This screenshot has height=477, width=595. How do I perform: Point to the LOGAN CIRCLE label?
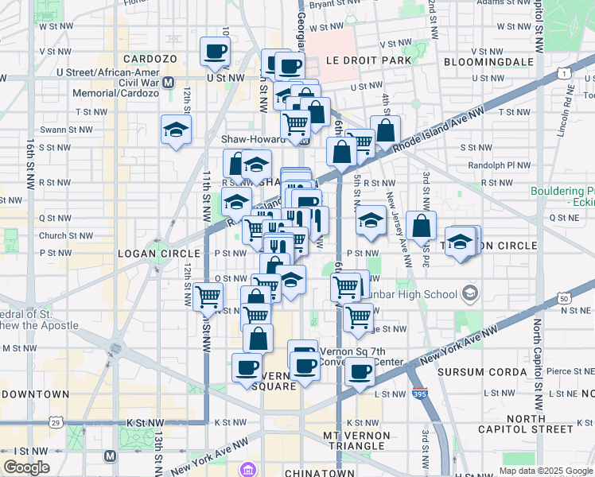151,253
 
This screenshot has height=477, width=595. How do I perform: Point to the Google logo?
26,467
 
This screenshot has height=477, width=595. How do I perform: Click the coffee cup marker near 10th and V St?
215,52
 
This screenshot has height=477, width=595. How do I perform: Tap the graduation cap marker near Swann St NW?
176,131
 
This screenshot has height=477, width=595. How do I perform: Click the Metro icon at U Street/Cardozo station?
168,81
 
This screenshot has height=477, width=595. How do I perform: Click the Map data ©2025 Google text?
545,471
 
